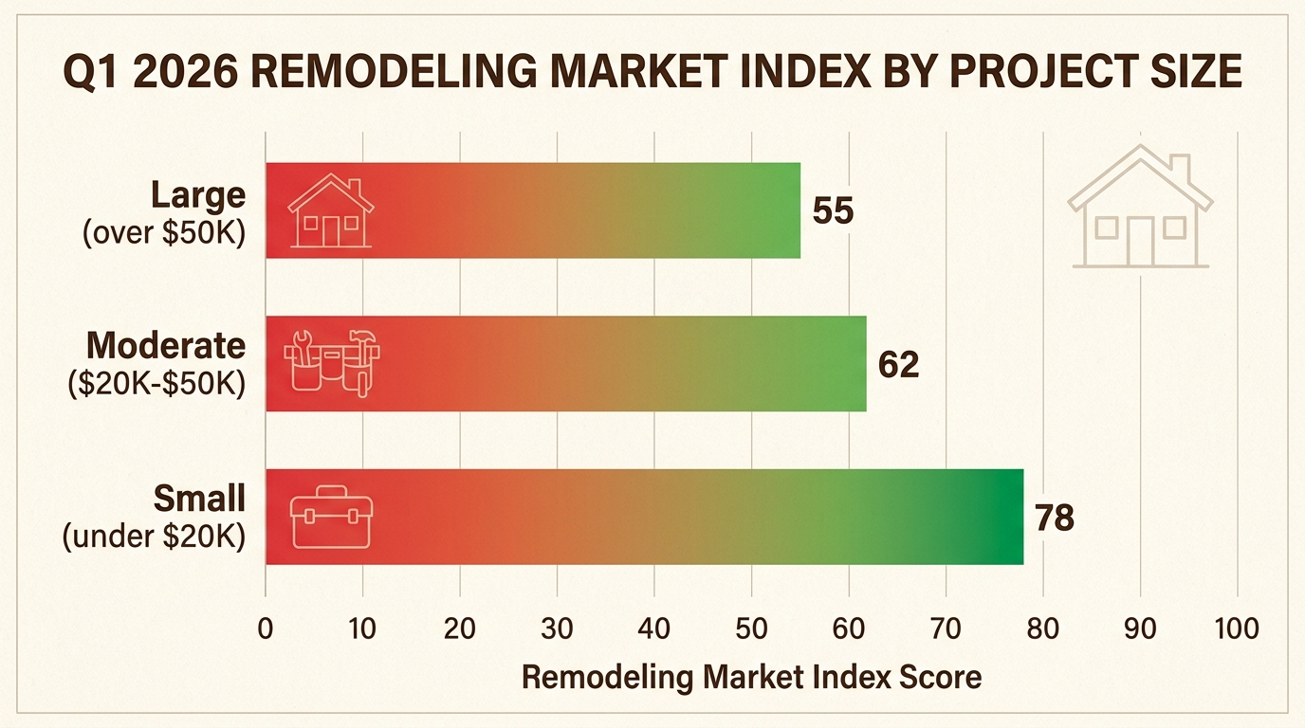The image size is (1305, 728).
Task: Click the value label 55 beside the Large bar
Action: click(x=834, y=210)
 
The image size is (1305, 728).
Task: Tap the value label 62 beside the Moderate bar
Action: click(x=899, y=364)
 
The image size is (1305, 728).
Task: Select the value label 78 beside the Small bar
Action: click(x=1054, y=518)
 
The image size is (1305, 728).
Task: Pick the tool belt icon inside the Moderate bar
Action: click(x=331, y=363)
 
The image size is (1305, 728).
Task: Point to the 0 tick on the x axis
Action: click(x=266, y=628)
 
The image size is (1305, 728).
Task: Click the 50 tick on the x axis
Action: click(x=751, y=628)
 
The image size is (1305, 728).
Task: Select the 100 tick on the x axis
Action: click(x=1237, y=628)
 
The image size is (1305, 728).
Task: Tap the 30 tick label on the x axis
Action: click(x=557, y=628)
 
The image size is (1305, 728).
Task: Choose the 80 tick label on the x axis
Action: click(x=1042, y=628)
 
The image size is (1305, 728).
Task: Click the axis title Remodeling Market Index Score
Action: click(x=751, y=677)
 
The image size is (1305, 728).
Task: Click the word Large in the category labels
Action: click(x=198, y=195)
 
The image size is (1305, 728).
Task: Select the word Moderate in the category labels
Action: click(x=165, y=346)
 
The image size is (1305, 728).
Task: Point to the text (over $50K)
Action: click(x=164, y=231)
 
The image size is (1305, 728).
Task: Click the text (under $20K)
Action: click(x=155, y=537)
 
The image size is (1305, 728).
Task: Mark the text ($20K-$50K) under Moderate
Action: click(x=157, y=384)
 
